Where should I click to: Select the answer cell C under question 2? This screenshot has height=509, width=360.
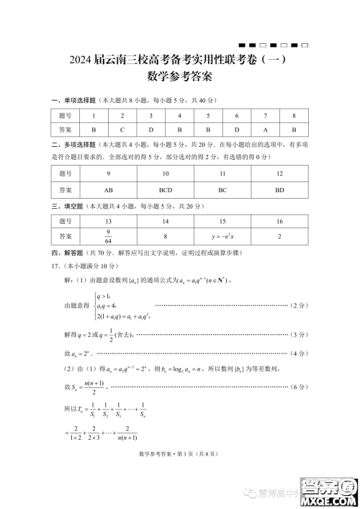click(x=122, y=130)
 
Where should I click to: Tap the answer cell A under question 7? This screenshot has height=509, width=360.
click(x=265, y=130)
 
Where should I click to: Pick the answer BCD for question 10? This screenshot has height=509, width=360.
click(x=166, y=190)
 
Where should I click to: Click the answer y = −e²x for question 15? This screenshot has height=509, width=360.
click(x=222, y=236)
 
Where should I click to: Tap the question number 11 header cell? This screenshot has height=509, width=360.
click(x=222, y=174)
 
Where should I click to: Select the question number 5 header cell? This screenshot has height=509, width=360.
click(x=208, y=115)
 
